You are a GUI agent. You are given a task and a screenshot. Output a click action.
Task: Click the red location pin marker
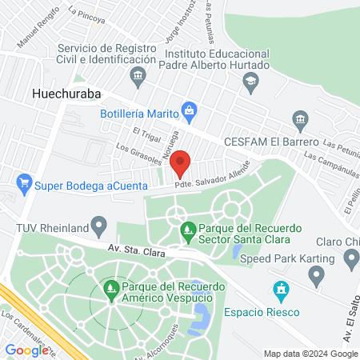(181, 163)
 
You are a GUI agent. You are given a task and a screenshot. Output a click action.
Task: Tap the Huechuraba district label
(66, 93)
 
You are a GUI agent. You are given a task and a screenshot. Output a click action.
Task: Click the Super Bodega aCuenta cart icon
(25, 183)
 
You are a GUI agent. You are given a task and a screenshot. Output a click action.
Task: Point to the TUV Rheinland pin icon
(98, 223)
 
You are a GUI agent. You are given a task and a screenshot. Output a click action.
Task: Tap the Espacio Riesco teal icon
(280, 289)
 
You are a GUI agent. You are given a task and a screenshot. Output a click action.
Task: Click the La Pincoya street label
(86, 14)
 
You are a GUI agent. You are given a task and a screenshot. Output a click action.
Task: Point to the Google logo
(27, 350)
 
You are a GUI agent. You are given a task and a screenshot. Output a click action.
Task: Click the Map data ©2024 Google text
(311, 354)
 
